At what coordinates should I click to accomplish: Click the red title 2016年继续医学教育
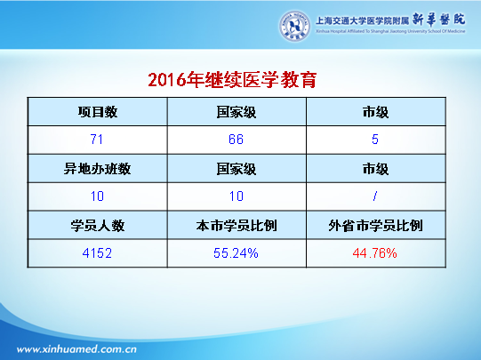[232, 80]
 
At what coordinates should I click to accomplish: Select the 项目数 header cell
[98, 112]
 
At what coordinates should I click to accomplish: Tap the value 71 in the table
[97, 140]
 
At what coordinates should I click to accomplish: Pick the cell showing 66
[236, 140]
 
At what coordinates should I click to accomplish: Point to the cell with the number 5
[375, 140]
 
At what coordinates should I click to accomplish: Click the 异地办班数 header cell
[97, 169]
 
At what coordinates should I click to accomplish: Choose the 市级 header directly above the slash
[375, 169]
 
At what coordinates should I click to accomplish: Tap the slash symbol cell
[375, 196]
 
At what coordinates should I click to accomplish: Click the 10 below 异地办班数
[97, 196]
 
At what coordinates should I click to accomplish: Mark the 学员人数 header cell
[98, 226]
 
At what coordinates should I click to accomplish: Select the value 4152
[97, 253]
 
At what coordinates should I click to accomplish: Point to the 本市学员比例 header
[236, 226]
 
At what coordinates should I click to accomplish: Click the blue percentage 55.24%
[236, 253]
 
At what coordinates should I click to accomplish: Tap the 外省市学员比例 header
[375, 226]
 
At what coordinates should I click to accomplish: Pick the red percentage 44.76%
[374, 253]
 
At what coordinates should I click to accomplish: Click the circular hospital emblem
[294, 26]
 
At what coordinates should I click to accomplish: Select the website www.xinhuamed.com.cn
[76, 349]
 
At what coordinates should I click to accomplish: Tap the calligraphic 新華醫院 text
[438, 20]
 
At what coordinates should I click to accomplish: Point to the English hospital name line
[390, 31]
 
